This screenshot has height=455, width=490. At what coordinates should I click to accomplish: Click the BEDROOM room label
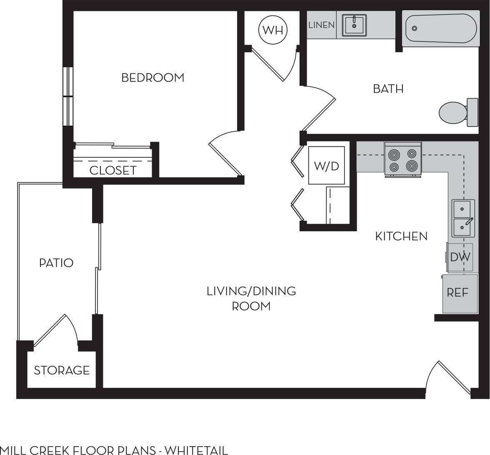[x=152, y=78]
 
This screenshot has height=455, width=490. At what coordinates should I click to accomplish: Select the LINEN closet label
[x=321, y=25]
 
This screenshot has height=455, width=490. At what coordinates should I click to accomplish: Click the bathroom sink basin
[x=354, y=25]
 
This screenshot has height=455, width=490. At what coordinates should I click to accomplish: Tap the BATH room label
[x=388, y=89]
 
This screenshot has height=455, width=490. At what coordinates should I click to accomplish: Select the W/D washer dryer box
[x=326, y=166]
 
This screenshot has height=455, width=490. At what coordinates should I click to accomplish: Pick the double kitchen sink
[x=463, y=218]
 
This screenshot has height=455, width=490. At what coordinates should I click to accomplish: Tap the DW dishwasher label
[x=460, y=257]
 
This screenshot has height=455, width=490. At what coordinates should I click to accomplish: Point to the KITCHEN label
[x=401, y=236]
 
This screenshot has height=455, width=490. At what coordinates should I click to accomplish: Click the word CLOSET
[x=112, y=170]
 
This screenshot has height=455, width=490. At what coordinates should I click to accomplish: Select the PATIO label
[x=56, y=263]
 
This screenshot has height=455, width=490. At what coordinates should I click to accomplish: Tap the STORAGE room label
[x=62, y=370]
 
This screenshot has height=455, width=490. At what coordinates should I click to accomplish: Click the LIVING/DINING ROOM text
[x=251, y=298]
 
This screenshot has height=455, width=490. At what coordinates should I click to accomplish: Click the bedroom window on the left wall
[x=67, y=96]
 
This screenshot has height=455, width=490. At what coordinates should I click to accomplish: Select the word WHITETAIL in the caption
[x=196, y=450]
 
